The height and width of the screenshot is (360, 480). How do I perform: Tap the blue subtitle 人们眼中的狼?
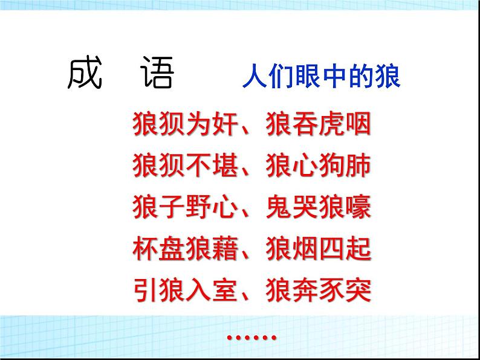tap(321, 79)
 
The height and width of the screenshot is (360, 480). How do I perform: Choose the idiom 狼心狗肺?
tap(317, 166)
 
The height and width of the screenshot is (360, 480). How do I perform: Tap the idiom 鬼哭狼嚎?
tap(317, 207)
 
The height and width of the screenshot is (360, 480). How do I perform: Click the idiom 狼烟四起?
tap(317, 249)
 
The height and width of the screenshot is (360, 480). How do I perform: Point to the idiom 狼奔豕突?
tap(317, 291)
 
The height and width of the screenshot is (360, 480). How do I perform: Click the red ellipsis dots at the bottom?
tap(251, 337)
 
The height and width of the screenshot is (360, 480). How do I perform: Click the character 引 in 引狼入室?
tap(144, 291)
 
